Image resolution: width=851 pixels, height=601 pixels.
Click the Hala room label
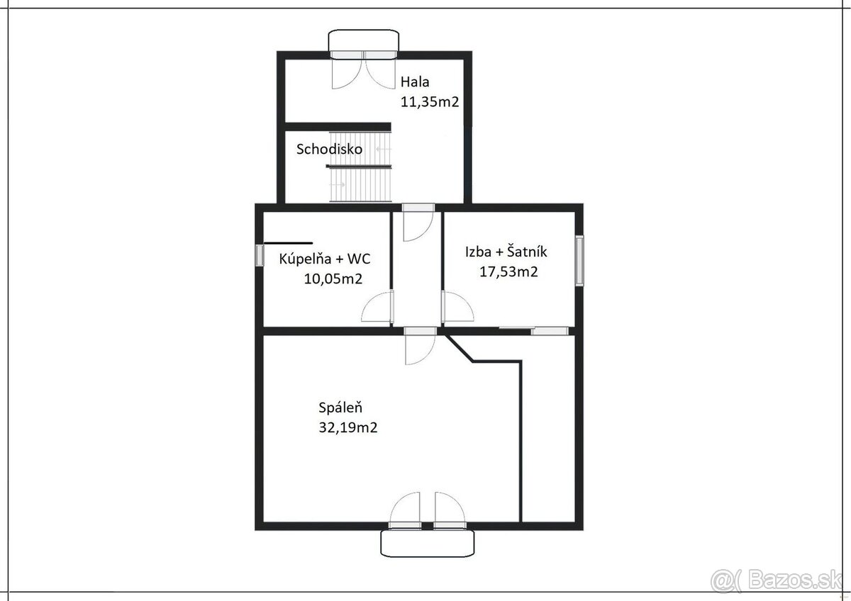415,82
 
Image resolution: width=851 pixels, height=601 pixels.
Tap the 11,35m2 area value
430,102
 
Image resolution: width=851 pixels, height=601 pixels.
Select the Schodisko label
329,149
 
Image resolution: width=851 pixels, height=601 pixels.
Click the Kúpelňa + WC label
325,259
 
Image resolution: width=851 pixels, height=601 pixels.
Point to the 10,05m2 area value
333,279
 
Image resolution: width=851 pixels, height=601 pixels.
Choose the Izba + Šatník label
506,252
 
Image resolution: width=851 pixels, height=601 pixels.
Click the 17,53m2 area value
508,272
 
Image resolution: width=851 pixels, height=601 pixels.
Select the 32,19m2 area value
348,427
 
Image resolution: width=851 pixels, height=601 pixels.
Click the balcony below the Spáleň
428,544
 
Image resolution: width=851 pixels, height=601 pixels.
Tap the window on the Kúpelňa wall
260,255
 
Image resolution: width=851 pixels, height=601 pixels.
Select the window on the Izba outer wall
579,260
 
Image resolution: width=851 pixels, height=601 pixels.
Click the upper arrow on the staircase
384,150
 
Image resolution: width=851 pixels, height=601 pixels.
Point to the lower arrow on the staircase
337,185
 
